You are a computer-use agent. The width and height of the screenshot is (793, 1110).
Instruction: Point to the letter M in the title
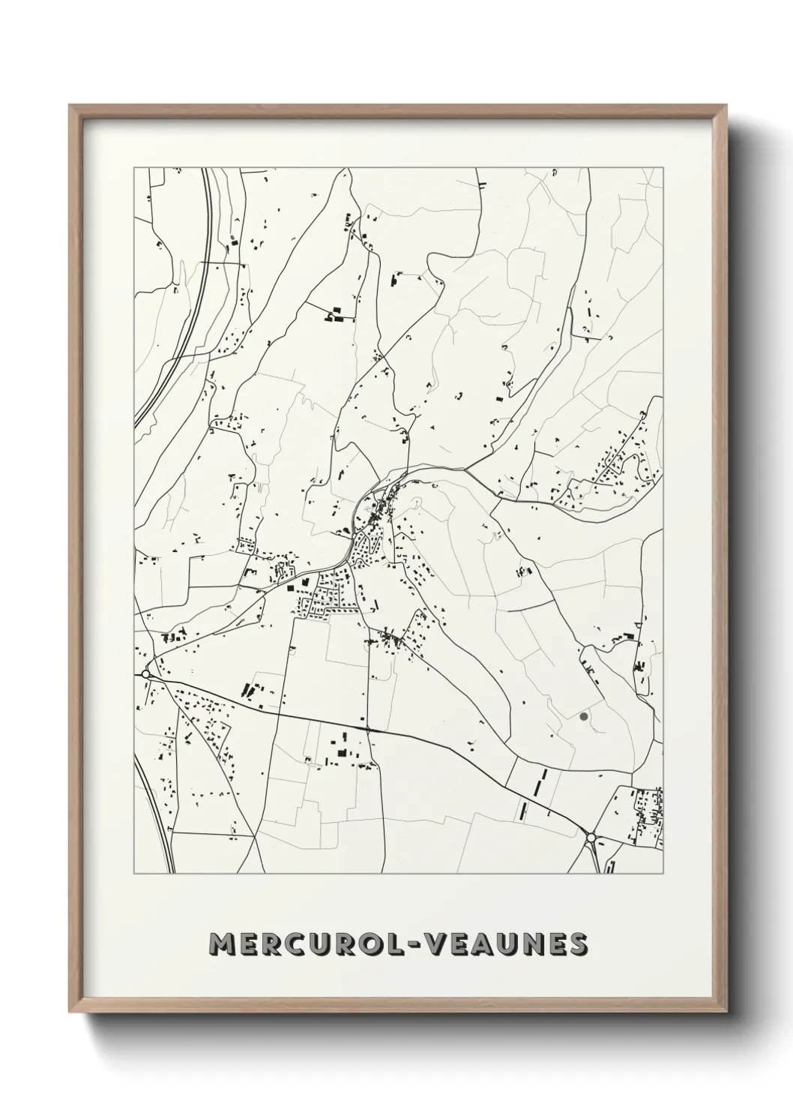(x=223, y=945)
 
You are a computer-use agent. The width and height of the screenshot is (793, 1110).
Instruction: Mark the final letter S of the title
(x=576, y=945)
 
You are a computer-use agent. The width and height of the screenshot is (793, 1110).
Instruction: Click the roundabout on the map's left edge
(x=145, y=674)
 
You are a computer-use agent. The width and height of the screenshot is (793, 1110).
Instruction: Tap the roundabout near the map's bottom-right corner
(x=591, y=837)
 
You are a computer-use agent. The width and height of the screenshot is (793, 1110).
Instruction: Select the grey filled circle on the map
(x=583, y=717)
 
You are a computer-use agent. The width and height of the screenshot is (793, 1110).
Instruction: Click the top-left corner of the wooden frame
(x=70, y=106)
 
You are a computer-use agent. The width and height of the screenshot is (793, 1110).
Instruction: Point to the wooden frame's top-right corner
(x=728, y=106)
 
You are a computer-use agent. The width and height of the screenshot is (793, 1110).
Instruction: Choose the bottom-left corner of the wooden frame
(x=70, y=1013)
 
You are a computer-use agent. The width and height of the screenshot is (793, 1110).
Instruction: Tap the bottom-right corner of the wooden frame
(x=728, y=1013)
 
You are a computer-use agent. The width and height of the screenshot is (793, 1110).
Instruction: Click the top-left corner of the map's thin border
(x=134, y=168)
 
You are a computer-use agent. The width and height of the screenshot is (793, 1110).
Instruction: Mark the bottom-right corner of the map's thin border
(x=663, y=874)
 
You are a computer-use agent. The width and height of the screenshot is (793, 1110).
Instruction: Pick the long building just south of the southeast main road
(x=522, y=810)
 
